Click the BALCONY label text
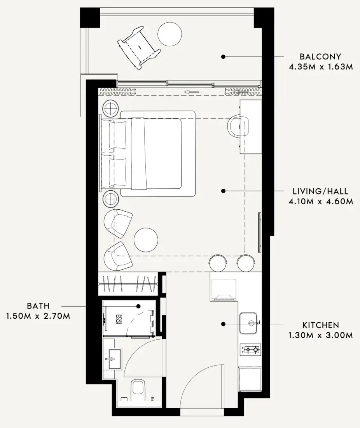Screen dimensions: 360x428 (x=320, y=56)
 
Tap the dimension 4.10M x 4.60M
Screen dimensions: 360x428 (x=321, y=202)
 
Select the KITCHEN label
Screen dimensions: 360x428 (x=321, y=325)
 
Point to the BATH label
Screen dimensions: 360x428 (x=38, y=306)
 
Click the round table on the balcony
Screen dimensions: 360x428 (x=170, y=33)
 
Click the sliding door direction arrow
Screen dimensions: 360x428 (x=191, y=92)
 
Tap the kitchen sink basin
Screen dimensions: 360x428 (x=248, y=323)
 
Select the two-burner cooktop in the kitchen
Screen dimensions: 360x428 (x=250, y=349)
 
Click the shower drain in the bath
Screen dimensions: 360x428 (x=119, y=319)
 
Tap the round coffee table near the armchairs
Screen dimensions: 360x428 (x=146, y=240)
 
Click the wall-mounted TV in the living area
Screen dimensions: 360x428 (x=259, y=233)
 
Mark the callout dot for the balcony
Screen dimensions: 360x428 (x=223, y=57)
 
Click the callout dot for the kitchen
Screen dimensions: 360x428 (x=223, y=324)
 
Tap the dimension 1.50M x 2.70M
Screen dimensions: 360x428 (x=38, y=316)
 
